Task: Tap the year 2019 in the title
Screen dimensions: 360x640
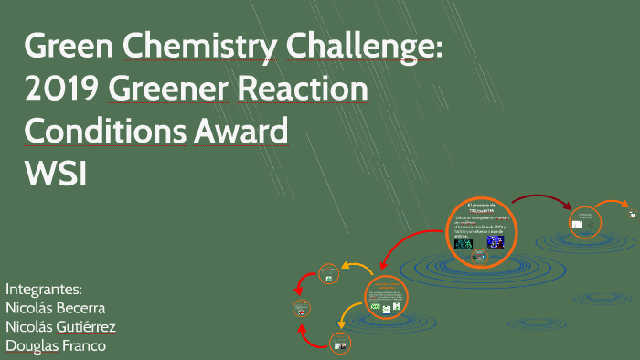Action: pyautogui.click(x=61, y=90)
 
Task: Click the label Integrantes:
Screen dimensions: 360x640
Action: pyautogui.click(x=44, y=286)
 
